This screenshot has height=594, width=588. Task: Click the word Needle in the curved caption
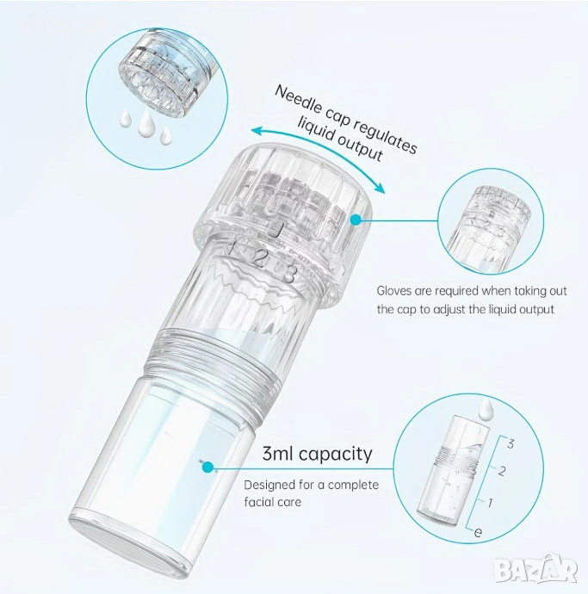(x=296, y=100)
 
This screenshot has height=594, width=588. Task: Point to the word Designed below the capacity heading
(x=269, y=485)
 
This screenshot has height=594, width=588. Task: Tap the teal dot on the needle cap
(x=356, y=220)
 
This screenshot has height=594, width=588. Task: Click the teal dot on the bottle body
(x=207, y=467)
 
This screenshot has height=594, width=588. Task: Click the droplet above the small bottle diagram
(x=486, y=411)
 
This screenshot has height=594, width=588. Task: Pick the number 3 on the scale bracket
(x=511, y=443)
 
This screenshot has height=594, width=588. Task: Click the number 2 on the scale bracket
(x=502, y=471)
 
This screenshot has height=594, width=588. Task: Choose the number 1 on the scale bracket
(x=490, y=503)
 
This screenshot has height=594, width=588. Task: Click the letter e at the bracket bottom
(x=478, y=532)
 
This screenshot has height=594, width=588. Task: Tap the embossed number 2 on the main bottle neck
(x=259, y=259)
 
